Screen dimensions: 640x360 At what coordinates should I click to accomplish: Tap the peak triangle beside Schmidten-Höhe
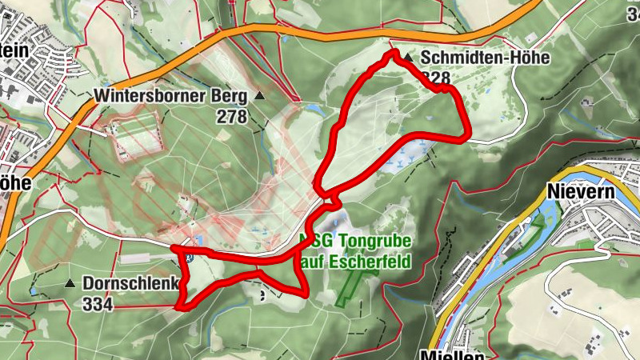click(x=409, y=58)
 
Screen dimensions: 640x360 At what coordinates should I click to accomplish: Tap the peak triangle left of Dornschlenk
click(x=70, y=283)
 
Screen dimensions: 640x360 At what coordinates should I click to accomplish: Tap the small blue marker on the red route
click(x=189, y=257)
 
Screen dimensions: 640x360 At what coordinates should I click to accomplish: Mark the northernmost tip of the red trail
click(x=394, y=53)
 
